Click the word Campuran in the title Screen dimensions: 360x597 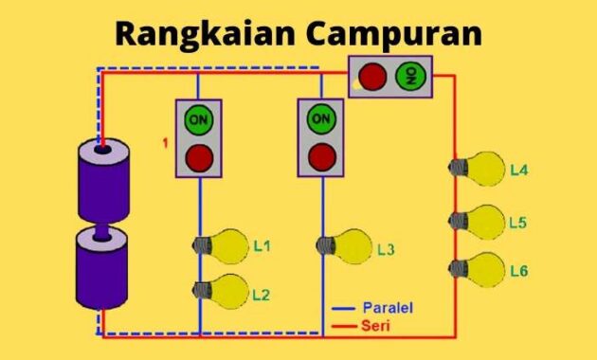pos(390,33)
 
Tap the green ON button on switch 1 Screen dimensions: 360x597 pos(198,120)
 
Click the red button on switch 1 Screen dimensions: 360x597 pos(198,156)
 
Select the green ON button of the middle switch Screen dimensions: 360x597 pos(321,119)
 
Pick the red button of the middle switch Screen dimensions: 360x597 pos(321,154)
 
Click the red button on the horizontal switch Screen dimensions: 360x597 pos(373,77)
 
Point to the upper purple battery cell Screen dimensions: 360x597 pos(102,181)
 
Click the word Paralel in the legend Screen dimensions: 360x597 pos(388,308)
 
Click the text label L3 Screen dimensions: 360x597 pos(386,250)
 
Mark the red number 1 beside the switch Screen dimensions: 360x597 pos(165,143)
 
